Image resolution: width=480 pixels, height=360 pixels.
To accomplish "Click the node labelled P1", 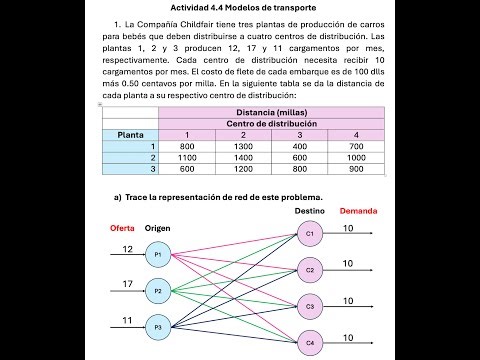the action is tap(157, 256).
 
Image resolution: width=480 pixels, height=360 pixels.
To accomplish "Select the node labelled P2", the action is tap(157, 291).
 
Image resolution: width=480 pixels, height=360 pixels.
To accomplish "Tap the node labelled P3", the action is tap(157, 326).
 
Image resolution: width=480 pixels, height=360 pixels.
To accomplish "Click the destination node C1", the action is tap(309, 234).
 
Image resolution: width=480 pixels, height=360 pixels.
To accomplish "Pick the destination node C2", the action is tap(309, 270).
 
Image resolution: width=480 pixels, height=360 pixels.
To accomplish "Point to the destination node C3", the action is tap(309, 306).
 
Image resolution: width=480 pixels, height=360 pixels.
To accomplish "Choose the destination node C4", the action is tap(309, 343).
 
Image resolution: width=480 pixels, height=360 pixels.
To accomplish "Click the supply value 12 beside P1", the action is tap(127, 248).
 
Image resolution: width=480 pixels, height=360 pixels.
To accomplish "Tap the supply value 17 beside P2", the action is tap(127, 283).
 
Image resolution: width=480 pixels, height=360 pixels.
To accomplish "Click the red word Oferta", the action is tap(122, 228).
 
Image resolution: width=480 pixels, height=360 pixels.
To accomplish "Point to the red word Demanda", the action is tap(357, 212).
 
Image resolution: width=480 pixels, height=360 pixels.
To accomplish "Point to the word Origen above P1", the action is tap(158, 228).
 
